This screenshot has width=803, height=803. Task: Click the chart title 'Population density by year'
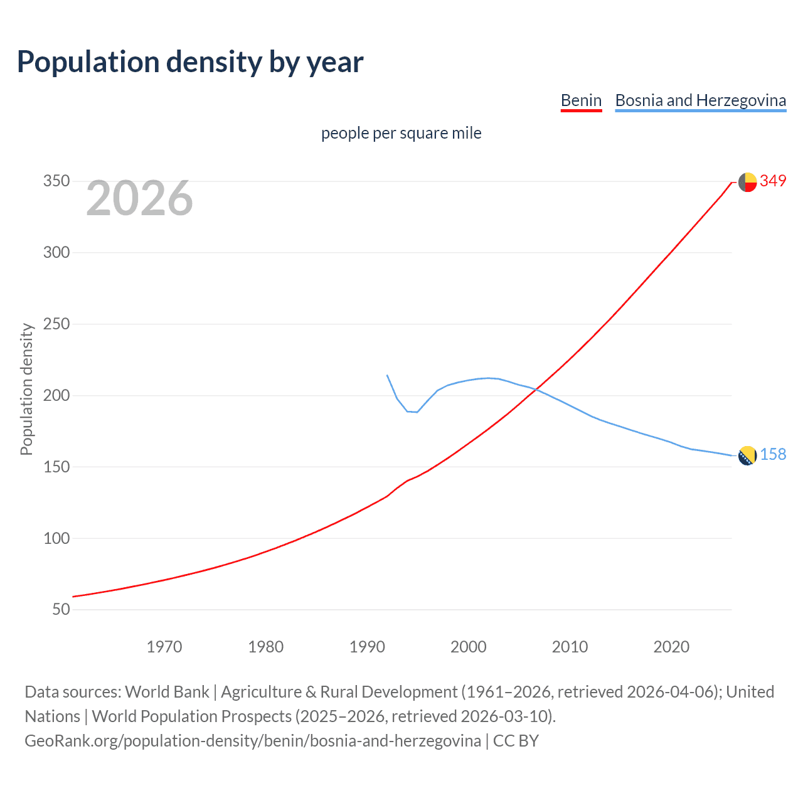click(190, 62)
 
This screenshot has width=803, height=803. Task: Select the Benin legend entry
click(581, 100)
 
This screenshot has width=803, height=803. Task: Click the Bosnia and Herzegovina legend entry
click(700, 100)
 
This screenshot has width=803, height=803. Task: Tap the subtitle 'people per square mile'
click(401, 133)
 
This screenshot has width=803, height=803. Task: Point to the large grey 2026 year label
click(139, 198)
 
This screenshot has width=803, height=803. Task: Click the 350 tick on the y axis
click(56, 181)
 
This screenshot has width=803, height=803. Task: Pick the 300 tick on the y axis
click(56, 253)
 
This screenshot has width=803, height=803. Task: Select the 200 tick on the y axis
click(56, 395)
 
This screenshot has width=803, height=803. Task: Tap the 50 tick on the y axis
click(61, 609)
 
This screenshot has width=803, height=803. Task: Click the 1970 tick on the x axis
click(164, 647)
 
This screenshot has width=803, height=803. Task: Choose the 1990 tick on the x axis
click(367, 647)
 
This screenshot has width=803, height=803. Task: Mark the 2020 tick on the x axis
click(671, 647)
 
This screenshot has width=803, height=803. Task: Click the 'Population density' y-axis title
click(26, 389)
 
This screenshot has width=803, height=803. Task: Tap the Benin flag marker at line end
click(747, 182)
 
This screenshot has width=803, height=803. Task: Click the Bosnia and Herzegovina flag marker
click(747, 455)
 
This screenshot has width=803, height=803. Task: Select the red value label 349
click(773, 181)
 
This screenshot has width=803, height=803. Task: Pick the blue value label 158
click(773, 455)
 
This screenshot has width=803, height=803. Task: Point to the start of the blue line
click(387, 375)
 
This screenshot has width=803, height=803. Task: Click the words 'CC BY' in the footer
click(516, 741)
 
